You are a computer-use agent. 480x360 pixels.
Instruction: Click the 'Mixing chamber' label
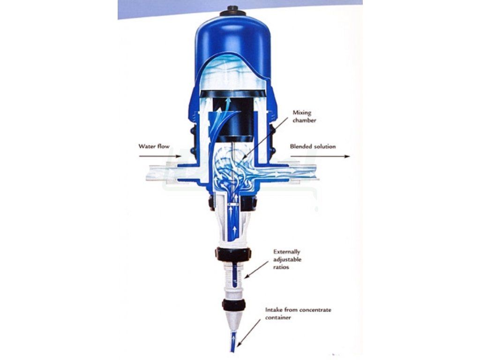pos(304,116)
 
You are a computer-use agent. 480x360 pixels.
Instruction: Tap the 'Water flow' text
pos(154,146)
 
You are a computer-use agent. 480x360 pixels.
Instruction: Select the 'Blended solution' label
pos(313,146)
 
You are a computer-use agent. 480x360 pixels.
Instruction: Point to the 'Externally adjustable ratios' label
pos(287,259)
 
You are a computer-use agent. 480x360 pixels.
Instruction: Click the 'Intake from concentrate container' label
pos(298,314)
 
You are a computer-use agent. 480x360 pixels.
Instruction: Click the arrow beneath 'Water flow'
pos(160,157)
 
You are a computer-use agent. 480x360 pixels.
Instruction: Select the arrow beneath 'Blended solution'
pos(320,157)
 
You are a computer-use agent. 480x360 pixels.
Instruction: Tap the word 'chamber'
pos(304,120)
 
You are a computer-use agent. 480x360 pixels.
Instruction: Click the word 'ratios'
pos(281,267)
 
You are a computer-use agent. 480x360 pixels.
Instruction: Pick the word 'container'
pos(278,317)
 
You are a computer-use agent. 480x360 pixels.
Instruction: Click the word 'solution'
pos(324,146)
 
